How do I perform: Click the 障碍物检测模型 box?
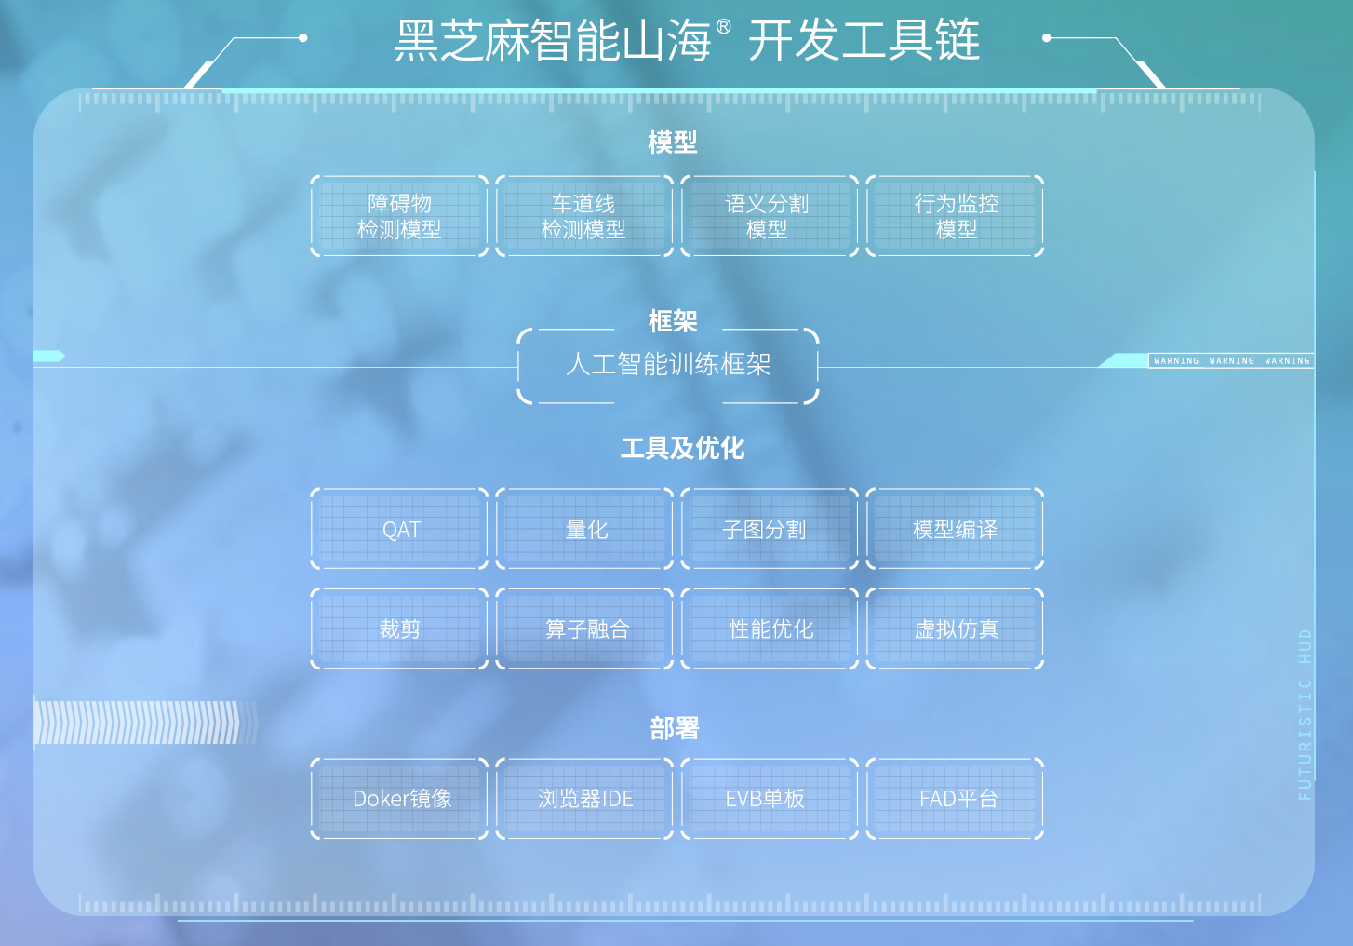tap(399, 216)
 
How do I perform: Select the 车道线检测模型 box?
tap(583, 216)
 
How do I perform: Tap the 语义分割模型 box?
tap(769, 216)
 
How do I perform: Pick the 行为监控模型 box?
tap(955, 216)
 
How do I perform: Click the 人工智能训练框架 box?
tap(668, 365)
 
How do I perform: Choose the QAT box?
tap(399, 529)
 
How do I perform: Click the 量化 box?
tap(583, 529)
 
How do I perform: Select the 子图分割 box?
tap(769, 529)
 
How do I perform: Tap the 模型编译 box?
tap(955, 529)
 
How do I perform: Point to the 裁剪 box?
tap(399, 628)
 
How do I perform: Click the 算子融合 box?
tap(583, 628)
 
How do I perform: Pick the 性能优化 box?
tap(769, 628)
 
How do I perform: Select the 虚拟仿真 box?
tap(955, 628)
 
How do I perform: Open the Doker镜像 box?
tap(399, 798)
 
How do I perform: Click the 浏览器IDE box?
tap(583, 798)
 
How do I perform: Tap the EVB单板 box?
tap(769, 798)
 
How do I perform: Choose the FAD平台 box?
tap(955, 798)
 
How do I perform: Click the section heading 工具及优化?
tap(682, 448)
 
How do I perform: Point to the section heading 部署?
tap(674, 728)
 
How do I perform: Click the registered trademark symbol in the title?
tap(724, 28)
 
